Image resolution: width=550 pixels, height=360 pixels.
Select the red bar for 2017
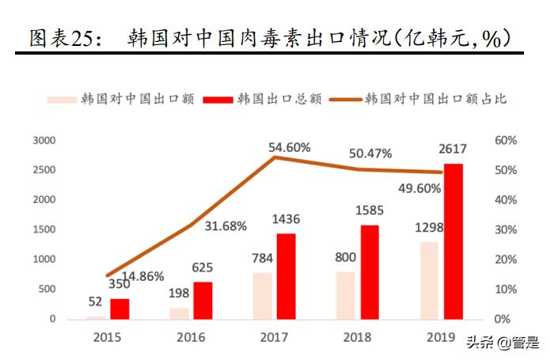(286, 276)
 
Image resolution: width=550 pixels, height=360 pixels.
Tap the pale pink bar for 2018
(347, 295)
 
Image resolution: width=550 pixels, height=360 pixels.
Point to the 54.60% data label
(290, 148)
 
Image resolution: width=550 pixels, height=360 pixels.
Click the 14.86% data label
(143, 276)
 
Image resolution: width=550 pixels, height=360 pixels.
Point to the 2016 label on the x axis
(191, 337)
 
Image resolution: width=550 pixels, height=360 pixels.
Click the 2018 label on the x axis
(358, 337)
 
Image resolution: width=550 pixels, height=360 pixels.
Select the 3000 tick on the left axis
(44, 141)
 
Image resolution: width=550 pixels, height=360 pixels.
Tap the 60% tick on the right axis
(506, 141)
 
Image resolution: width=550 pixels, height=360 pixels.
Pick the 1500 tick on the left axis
(44, 230)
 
